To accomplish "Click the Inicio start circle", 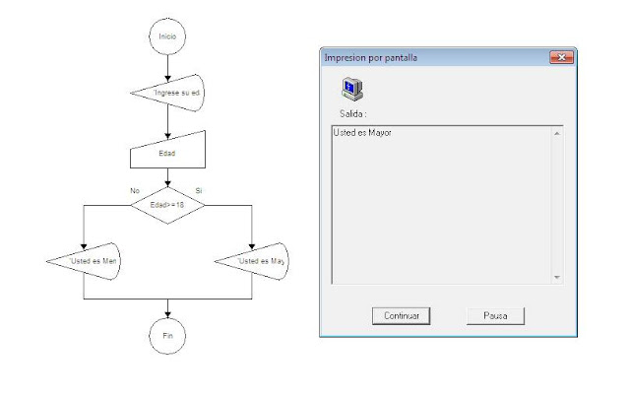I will (167, 36).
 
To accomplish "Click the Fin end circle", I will (167, 335).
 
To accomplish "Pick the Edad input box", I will (167, 152).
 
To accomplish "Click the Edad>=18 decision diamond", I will (167, 205).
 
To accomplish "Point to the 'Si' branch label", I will (201, 189).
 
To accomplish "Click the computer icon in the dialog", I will (351, 90).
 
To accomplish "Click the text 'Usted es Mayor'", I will (363, 132).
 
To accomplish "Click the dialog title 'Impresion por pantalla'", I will (370, 58).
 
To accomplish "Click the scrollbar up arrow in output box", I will (557, 132).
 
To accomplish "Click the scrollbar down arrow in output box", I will (557, 278).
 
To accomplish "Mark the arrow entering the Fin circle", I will (167, 307).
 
